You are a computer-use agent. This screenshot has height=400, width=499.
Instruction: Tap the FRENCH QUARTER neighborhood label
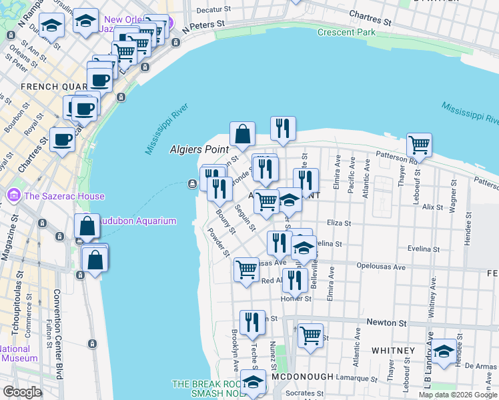coord(53,87)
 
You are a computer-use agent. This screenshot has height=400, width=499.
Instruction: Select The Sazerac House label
coord(64,196)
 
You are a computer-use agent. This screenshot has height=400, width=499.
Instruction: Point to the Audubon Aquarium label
coord(137,221)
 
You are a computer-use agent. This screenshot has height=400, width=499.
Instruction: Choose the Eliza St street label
coord(338,224)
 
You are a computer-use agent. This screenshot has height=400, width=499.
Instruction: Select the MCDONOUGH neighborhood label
coord(302,377)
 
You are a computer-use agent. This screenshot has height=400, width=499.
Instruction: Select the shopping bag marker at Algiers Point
coord(242,133)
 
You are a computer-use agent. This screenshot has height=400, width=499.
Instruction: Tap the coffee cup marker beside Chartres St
coord(63,139)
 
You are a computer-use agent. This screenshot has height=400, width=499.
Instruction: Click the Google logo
coord(22,392)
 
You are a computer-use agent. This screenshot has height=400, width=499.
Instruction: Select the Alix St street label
coord(432,207)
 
